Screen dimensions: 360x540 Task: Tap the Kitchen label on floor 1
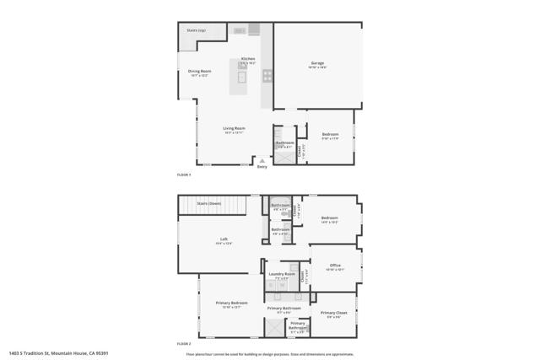(x=248, y=59)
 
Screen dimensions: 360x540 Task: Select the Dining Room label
(x=200, y=72)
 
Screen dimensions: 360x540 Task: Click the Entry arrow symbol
(x=262, y=160)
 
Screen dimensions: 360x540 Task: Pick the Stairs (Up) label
(x=197, y=31)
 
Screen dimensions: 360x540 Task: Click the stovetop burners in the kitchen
(x=267, y=75)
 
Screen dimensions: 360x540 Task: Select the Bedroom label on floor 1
(x=330, y=135)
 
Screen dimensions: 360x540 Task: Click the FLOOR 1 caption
(x=184, y=175)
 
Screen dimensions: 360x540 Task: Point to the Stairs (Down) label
(x=208, y=204)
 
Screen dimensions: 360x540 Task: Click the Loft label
(x=224, y=239)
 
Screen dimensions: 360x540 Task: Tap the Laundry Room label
(x=282, y=274)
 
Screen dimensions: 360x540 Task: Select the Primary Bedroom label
(x=231, y=303)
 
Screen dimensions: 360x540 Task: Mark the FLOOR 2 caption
(x=184, y=344)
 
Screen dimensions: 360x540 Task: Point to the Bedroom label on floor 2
(x=329, y=218)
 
